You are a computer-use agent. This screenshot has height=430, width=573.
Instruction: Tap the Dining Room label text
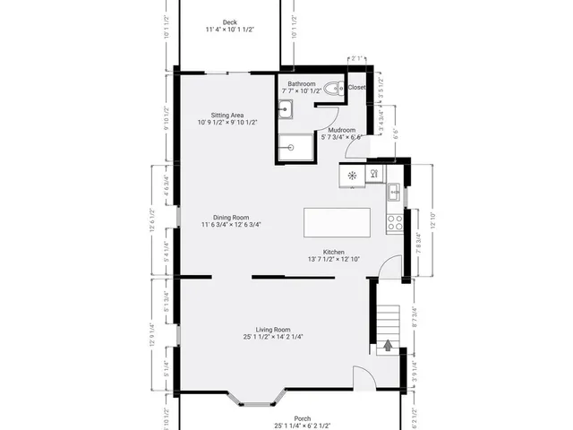pos(230,217)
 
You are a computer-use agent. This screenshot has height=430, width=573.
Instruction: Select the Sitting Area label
pos(227,116)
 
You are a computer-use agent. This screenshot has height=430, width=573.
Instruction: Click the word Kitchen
pos(334,252)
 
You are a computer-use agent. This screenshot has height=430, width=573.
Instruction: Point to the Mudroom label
pos(341,131)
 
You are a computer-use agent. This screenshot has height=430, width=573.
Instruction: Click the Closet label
pos(357,88)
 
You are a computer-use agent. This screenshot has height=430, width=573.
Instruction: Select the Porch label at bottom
pos(278,418)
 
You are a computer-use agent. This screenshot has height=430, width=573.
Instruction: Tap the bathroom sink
pos(286,109)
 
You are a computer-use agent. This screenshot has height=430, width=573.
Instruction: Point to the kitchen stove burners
pos(395,219)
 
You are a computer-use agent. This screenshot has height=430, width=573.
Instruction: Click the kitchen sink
pos(393,191)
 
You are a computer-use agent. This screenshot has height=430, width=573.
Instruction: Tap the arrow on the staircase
pos(388,343)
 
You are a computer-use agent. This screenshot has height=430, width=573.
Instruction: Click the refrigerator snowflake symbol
pos(352,176)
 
